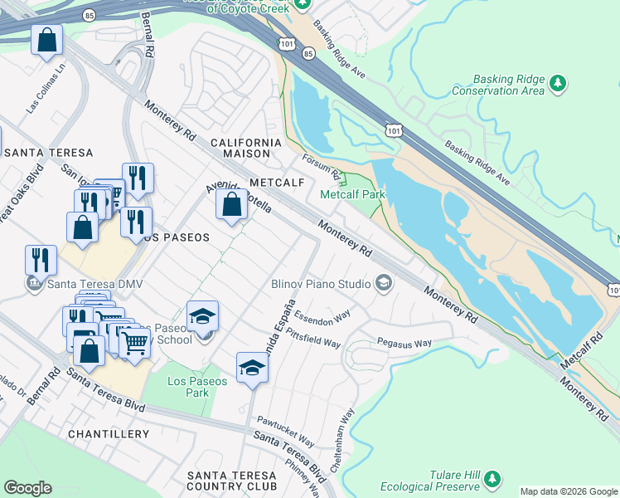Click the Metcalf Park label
[353, 194]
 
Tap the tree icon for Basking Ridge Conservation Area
[559, 83]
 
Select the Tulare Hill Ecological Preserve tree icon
[492, 479]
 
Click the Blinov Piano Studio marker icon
[383, 284]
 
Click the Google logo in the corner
[27, 488]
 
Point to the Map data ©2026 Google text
[568, 491]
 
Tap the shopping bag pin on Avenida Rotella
[231, 204]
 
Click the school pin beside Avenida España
[252, 368]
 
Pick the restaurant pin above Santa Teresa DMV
[41, 259]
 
